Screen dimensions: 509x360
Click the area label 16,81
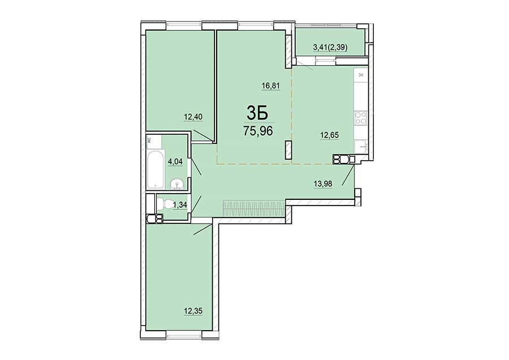click(x=271, y=86)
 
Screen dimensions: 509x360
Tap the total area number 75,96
click(x=258, y=131)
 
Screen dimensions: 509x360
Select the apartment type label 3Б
click(x=257, y=113)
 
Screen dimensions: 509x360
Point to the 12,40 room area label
click(x=193, y=117)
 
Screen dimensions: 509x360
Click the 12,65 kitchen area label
click(x=330, y=135)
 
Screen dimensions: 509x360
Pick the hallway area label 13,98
click(x=323, y=183)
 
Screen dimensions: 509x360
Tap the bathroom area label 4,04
click(x=174, y=161)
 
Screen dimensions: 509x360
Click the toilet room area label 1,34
click(x=180, y=205)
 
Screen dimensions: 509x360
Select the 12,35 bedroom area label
click(x=193, y=311)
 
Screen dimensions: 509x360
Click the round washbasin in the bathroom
click(x=177, y=184)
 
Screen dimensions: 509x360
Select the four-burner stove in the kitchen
click(x=360, y=117)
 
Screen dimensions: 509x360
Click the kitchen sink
click(x=361, y=147)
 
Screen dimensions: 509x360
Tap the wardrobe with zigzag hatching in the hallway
click(x=254, y=208)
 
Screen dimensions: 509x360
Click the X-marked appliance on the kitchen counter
click(x=361, y=75)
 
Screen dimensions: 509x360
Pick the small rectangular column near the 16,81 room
click(x=288, y=150)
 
